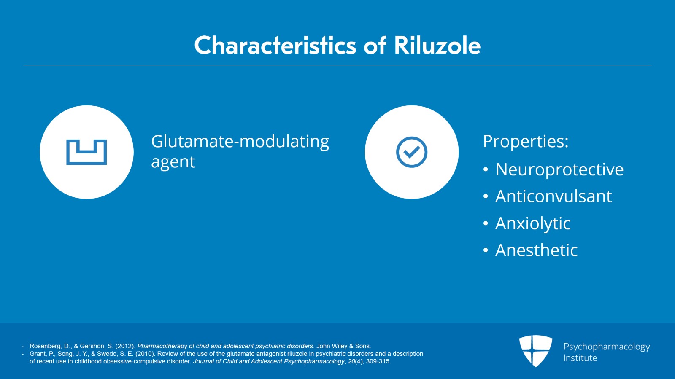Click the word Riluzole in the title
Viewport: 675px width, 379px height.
tap(437, 45)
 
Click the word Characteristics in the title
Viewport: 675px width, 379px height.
tap(275, 45)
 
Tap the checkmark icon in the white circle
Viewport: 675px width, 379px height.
tap(412, 152)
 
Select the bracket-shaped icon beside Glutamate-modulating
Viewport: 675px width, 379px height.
tap(86, 152)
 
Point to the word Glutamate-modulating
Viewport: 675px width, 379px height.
tap(240, 142)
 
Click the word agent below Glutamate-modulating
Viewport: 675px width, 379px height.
tap(173, 162)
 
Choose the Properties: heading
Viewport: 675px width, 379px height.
tap(526, 141)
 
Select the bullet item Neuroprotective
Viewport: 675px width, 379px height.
tap(559, 169)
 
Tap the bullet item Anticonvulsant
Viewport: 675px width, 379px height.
tap(553, 196)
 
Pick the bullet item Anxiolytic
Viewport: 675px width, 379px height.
tap(533, 223)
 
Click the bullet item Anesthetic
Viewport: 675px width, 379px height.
tap(536, 250)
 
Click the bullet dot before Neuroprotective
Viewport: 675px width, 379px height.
tap(486, 170)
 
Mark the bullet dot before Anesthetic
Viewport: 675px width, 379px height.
tap(486, 251)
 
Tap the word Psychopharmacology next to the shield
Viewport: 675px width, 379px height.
tap(606, 347)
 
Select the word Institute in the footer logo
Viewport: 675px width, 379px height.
tap(580, 358)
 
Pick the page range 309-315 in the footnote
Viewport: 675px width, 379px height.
tap(378, 361)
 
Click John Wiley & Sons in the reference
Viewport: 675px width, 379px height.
tap(343, 346)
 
